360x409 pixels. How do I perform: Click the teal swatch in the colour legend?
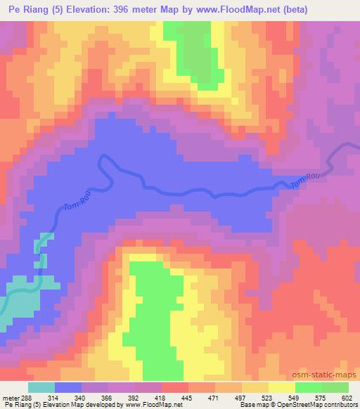tap(41, 387)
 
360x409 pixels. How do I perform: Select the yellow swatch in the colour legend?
tap(281, 387)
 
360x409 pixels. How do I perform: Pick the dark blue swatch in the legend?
tap(68, 387)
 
